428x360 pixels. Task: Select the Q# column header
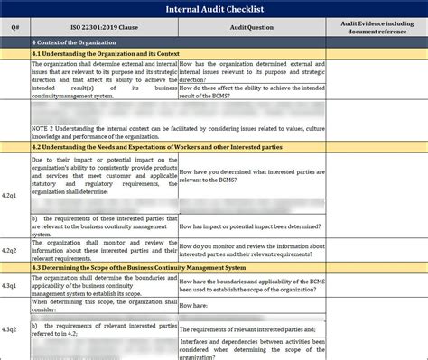(14, 26)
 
